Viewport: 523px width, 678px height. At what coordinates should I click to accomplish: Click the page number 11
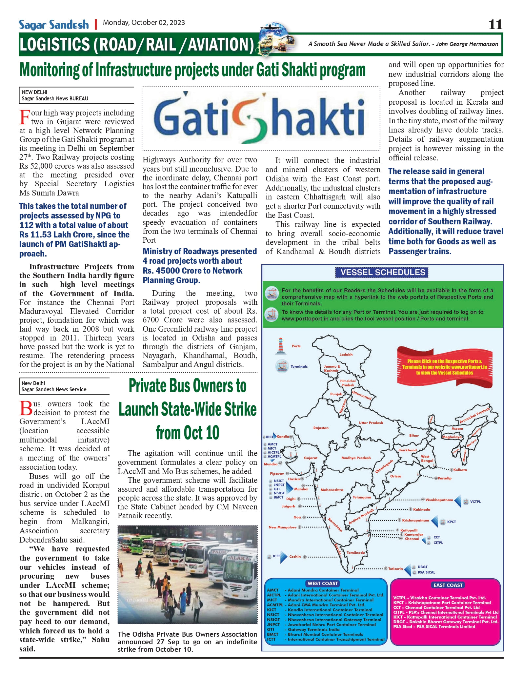(495, 24)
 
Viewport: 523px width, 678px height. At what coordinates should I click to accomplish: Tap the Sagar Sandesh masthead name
(54, 25)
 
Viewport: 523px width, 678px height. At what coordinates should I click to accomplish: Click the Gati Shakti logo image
(261, 118)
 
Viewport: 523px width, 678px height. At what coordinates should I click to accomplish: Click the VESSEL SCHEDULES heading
(383, 272)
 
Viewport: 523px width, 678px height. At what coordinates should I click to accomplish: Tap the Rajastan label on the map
(321, 428)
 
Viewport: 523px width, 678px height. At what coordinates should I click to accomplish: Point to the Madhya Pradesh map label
(356, 458)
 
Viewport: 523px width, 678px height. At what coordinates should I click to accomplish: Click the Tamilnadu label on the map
(356, 552)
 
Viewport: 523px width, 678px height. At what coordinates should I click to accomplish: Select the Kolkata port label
(460, 470)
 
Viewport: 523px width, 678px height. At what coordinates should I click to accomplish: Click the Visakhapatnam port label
(439, 500)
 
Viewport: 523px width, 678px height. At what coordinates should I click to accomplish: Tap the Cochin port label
(295, 556)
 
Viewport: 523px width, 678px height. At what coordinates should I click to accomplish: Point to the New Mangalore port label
(282, 527)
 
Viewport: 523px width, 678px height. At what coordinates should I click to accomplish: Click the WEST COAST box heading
(323, 583)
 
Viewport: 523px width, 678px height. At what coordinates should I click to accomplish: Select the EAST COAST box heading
(448, 585)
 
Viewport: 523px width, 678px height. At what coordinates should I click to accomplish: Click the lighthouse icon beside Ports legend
(280, 346)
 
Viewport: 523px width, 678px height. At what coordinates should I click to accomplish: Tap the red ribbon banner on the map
(444, 367)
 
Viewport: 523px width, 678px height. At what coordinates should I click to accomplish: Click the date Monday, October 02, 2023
(144, 23)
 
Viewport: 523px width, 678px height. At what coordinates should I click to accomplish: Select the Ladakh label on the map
(346, 354)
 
